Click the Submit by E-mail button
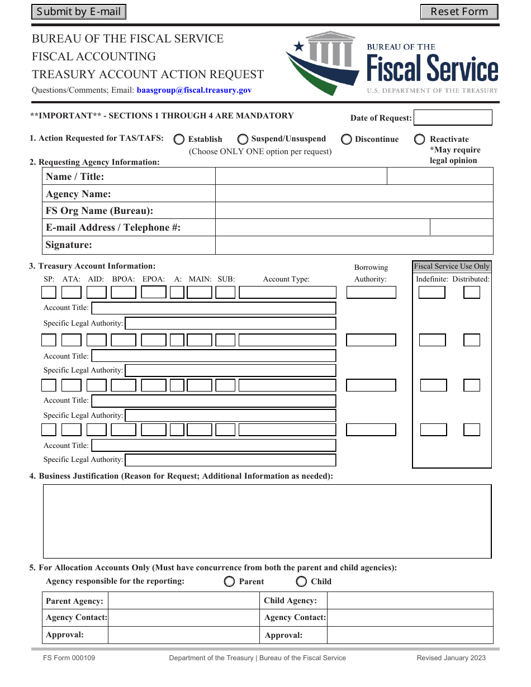[x=79, y=12]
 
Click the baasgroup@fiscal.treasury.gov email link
[x=194, y=90]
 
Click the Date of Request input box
[x=453, y=117]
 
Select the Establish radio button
[x=179, y=139]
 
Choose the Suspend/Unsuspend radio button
[x=243, y=139]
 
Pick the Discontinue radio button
[x=347, y=139]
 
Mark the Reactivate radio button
[x=420, y=139]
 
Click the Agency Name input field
[x=354, y=194]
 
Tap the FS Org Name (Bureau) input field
[x=354, y=211]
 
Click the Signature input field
[x=354, y=245]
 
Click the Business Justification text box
[x=267, y=521]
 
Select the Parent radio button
[x=229, y=581]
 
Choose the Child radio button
[x=301, y=581]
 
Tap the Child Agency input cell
[x=410, y=601]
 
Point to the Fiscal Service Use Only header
[x=452, y=266]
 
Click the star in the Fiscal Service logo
[x=299, y=47]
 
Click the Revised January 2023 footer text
[x=451, y=658]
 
